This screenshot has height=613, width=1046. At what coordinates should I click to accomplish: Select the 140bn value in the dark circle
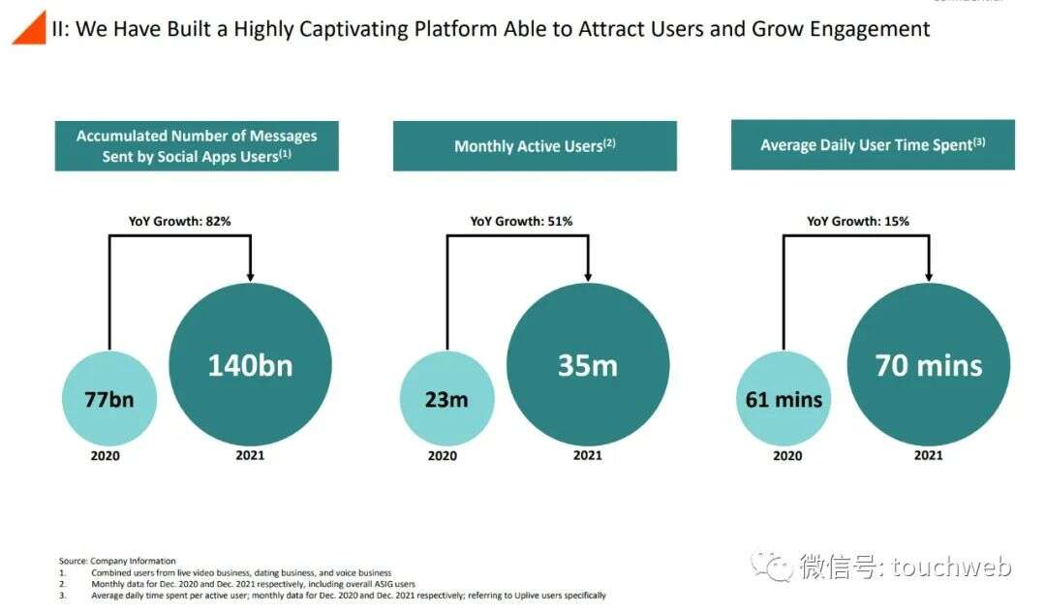pos(250,365)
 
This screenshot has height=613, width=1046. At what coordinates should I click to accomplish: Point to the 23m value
pos(446,398)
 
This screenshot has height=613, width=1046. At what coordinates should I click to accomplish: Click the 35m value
pos(587,365)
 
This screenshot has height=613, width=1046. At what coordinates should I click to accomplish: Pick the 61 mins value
pos(784,398)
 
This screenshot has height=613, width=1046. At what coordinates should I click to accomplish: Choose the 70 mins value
pos(928,365)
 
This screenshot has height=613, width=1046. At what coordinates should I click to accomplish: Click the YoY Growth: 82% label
pos(180,222)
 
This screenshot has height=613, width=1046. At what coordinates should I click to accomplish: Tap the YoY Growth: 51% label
pos(521,222)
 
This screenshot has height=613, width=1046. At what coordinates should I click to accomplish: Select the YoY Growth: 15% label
pos(858,222)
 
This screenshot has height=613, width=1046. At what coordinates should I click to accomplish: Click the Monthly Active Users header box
pos(535,146)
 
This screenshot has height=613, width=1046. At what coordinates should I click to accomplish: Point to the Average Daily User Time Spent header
pos(873,145)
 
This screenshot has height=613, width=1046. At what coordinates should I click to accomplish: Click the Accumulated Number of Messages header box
pos(197,146)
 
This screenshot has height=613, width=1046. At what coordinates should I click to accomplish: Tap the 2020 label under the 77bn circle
pos(105,456)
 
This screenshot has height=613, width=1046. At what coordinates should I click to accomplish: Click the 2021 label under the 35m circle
pos(587,455)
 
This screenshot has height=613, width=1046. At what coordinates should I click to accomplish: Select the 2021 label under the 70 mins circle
pos(928,455)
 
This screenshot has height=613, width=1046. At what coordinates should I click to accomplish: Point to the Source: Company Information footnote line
pos(117,561)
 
